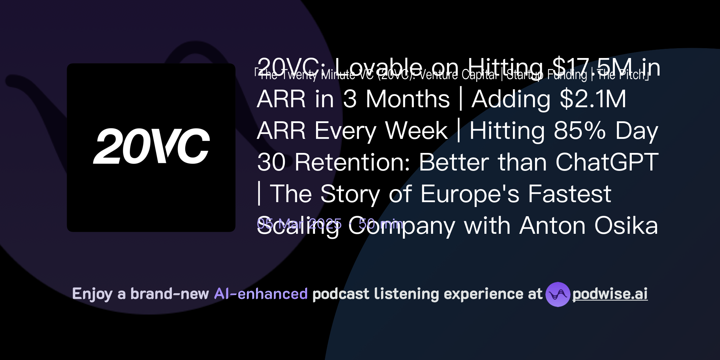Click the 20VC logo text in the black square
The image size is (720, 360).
(151, 146)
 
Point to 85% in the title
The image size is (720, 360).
(580, 131)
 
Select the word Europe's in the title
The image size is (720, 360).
(470, 194)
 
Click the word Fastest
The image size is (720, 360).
(570, 194)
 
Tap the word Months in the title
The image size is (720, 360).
(407, 99)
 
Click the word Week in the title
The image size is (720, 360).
(416, 131)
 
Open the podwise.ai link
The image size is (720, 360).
(610, 294)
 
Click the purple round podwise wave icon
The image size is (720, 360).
(558, 294)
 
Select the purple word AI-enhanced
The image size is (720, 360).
(261, 294)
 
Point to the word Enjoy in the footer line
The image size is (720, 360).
(92, 294)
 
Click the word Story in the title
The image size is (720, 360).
(350, 194)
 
